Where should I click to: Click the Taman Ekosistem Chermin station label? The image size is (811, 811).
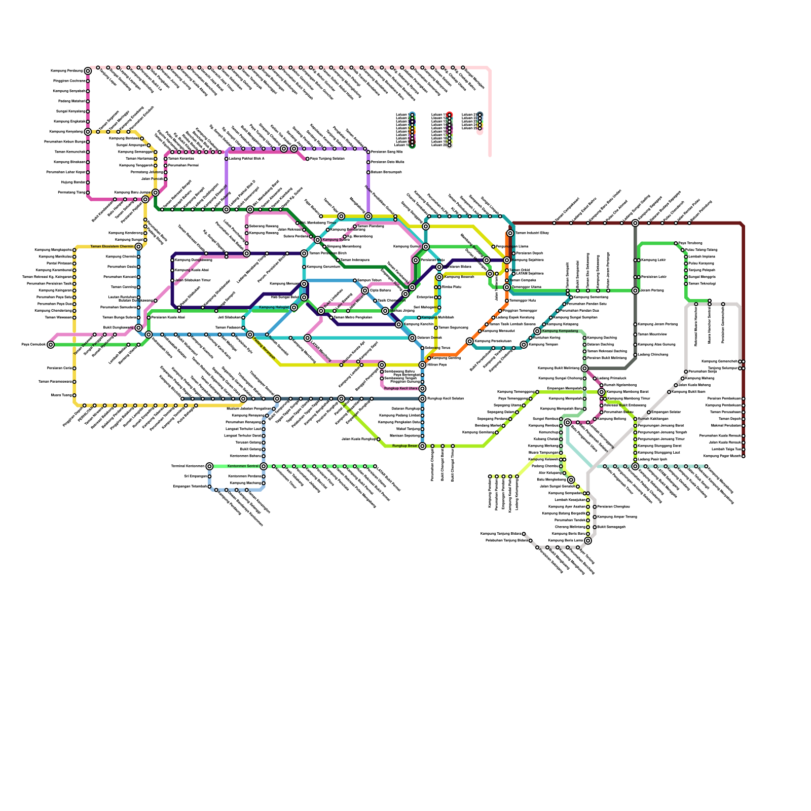coord(112,247)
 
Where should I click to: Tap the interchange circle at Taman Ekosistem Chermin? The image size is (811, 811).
coord(138,247)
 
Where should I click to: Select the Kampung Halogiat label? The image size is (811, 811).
coord(274,308)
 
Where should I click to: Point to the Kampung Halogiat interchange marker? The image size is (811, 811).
coord(294,308)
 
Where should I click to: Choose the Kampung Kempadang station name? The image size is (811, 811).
coord(560,331)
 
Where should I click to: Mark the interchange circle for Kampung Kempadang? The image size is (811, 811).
coord(537,331)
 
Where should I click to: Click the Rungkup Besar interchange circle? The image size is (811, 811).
coord(422,446)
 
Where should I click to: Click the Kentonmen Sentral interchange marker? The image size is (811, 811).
coord(264,466)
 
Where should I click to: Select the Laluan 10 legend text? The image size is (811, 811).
coord(401,145)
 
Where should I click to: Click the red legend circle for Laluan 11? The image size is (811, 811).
coord(450,115)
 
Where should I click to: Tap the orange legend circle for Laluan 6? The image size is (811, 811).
coord(413,132)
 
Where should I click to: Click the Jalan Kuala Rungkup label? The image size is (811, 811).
coord(359,439)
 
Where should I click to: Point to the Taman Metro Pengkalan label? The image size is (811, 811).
coord(353,317)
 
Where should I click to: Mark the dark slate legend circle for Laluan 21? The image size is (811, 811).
coord(480,115)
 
